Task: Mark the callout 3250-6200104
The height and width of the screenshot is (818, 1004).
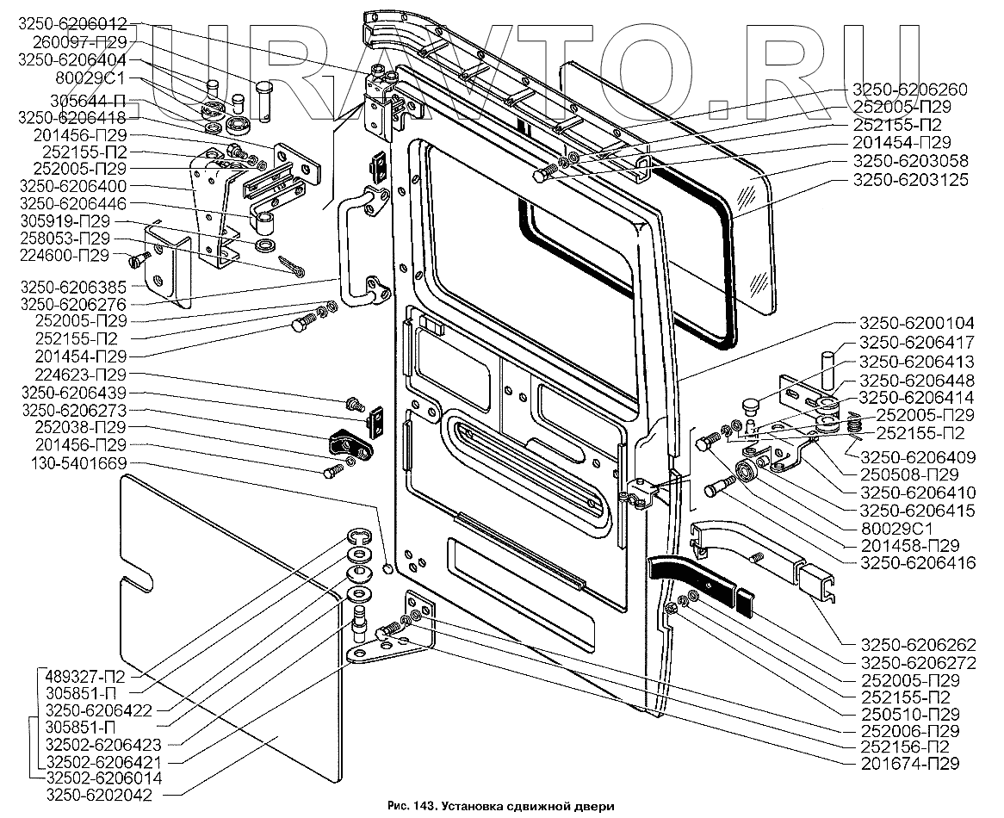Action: [914, 323]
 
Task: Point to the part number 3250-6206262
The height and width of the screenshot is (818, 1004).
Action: [914, 644]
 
